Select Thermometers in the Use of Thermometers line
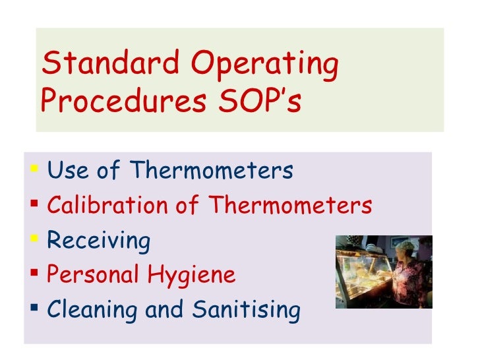click(212, 171)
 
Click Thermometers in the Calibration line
click(291, 206)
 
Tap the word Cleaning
click(92, 310)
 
